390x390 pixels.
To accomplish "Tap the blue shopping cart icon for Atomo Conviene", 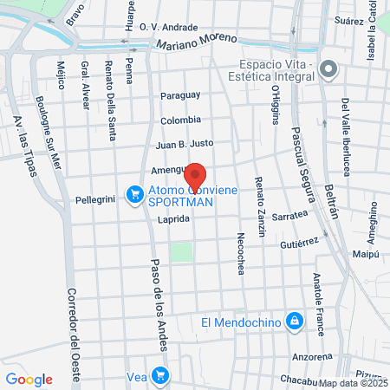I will tap(134, 194).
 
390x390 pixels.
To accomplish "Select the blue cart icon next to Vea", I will tap(159, 375).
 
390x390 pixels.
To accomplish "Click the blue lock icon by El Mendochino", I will tap(295, 322).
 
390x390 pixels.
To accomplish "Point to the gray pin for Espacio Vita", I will tap(328, 68).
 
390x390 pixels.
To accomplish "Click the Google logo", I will tap(29, 379).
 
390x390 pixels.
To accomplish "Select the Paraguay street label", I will tap(179, 94).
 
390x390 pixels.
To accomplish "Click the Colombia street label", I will tap(180, 120).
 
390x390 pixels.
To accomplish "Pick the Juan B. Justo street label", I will tap(184, 146).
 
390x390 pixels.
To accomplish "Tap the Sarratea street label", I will tap(290, 216).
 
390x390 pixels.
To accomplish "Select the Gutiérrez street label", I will tap(300, 245).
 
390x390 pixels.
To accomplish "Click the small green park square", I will tap(180, 252).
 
